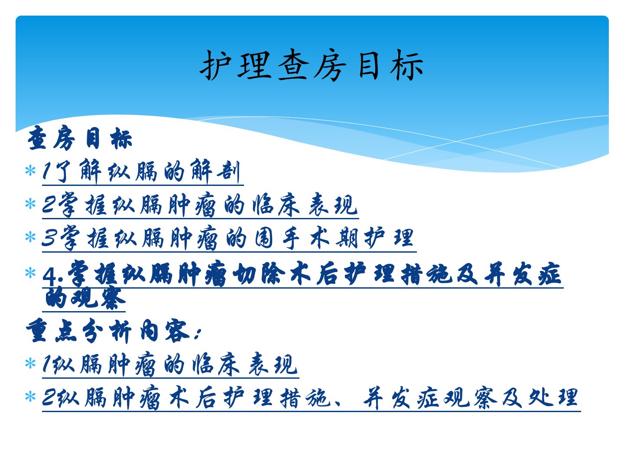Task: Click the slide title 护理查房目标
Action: [312, 65]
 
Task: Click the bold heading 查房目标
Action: [80, 138]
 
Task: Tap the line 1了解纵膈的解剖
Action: [141, 171]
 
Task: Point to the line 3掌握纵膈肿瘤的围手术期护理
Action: [227, 238]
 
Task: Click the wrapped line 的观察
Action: [84, 299]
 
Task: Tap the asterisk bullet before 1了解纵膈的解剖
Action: [30, 171]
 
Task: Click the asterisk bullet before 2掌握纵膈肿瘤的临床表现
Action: [30, 204]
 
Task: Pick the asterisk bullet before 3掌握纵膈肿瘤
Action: [30, 237]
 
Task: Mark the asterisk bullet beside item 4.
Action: [30, 273]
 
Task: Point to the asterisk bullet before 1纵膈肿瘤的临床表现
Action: [30, 364]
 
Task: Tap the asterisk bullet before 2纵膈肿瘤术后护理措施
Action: [30, 396]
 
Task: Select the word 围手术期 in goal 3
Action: [305, 238]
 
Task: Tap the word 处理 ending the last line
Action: [553, 397]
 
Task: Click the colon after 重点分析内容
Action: [198, 334]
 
